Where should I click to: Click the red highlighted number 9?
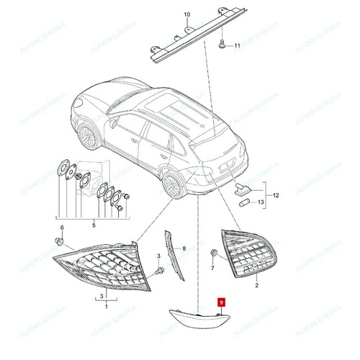(x=222, y=305)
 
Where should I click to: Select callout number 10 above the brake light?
(x=186, y=14)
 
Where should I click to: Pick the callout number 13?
(x=261, y=203)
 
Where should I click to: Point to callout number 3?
(x=101, y=295)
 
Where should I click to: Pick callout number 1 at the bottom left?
(x=106, y=307)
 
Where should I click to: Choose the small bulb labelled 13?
(x=243, y=204)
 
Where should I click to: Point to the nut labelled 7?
(x=213, y=254)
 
